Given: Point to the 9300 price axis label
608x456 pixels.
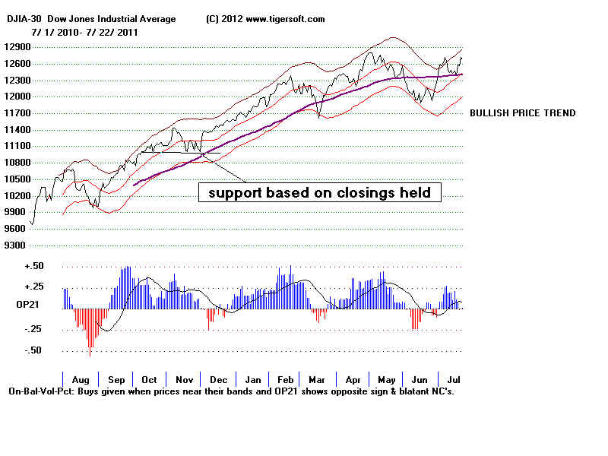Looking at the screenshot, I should coord(17,245).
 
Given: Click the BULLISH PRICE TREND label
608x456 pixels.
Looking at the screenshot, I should coord(522,113).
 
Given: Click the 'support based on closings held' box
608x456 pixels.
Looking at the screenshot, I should coord(319,193).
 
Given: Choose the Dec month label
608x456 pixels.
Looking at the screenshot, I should coord(218,378).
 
